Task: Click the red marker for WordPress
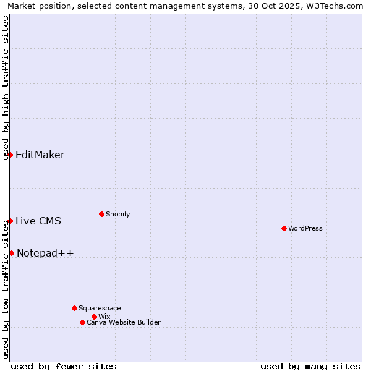point(284,228)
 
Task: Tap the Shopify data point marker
point(101,214)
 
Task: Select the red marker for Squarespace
point(74,308)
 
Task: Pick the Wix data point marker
point(94,317)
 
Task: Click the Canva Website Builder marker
point(82,322)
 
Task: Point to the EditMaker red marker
point(11,155)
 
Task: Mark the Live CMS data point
point(11,221)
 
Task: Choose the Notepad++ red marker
point(11,253)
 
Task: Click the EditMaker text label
point(40,155)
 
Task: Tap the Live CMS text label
point(38,221)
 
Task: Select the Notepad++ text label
point(45,253)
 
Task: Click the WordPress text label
point(305,228)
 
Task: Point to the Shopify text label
point(118,214)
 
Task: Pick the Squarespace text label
point(100,308)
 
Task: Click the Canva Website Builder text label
point(124,322)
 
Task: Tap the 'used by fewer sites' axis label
point(64,366)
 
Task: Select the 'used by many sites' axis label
point(310,366)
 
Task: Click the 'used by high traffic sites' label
point(6,88)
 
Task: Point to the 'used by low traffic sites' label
point(6,289)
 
